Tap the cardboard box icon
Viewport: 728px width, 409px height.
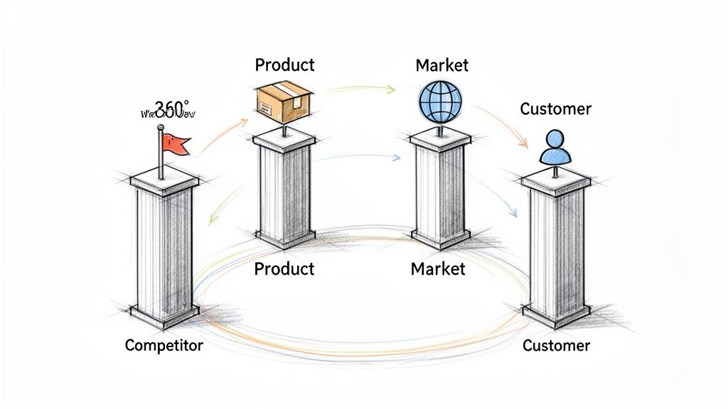(283, 101)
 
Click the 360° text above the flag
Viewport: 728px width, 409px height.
(170, 108)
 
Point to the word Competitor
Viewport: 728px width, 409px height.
(164, 346)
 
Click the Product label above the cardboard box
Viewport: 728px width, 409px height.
(284, 65)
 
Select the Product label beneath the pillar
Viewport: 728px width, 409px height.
(284, 269)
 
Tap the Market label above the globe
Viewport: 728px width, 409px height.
(441, 65)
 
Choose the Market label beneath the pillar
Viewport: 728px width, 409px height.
(438, 269)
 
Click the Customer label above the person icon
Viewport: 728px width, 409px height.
(555, 109)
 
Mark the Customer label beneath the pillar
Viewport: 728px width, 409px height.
(556, 346)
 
